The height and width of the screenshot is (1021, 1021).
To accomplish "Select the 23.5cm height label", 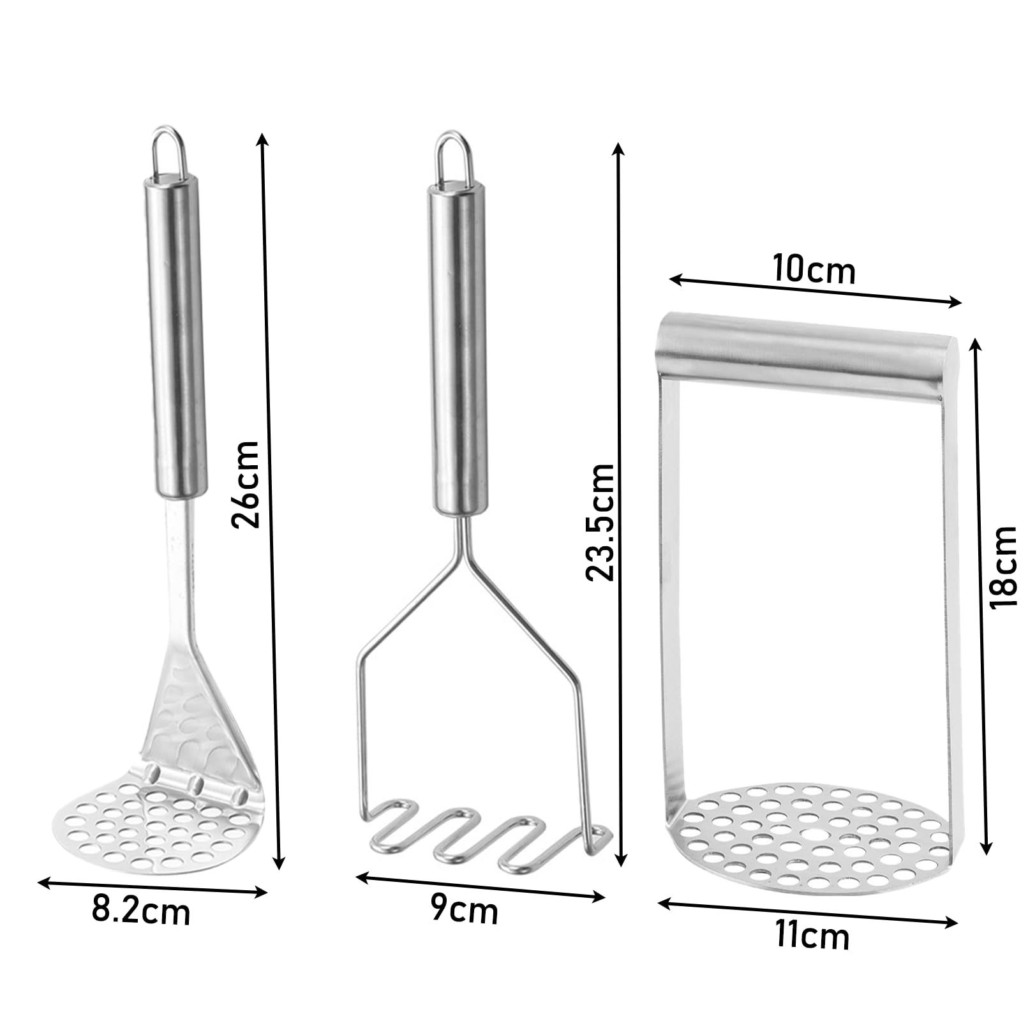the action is pos(600,521).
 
